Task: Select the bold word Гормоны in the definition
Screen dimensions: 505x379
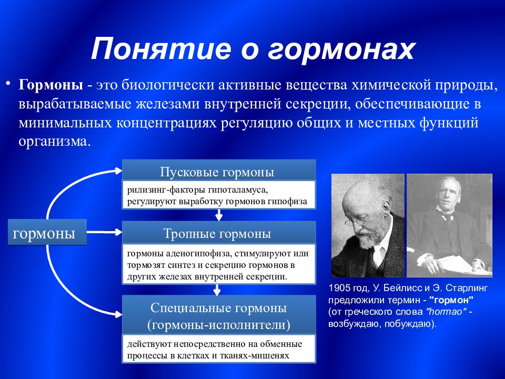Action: tap(51, 85)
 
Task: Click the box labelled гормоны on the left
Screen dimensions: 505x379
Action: tap(47, 232)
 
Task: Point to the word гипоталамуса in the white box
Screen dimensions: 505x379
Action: tap(238, 190)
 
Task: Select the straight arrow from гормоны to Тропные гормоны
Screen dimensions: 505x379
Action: tap(104, 232)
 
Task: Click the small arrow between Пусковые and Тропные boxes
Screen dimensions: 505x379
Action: tap(219, 215)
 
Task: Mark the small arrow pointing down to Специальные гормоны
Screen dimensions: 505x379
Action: tap(217, 290)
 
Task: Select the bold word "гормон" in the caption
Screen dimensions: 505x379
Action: tap(451, 300)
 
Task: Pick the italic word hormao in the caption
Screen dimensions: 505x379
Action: tap(447, 312)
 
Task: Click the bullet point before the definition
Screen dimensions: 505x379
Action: tap(8, 84)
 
